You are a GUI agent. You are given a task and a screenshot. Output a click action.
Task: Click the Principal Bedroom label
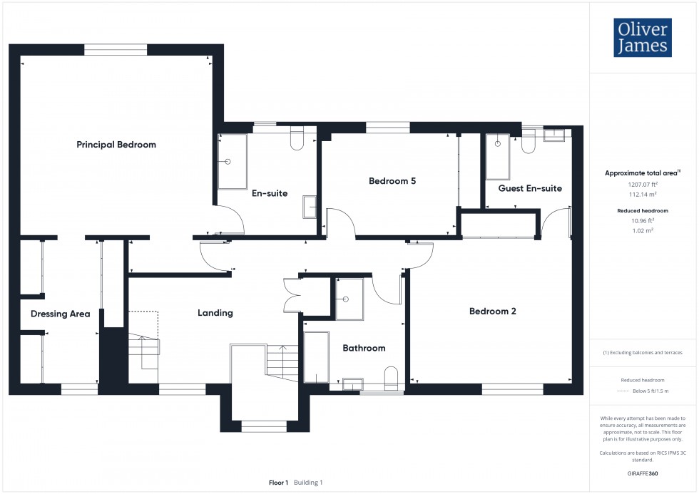116,144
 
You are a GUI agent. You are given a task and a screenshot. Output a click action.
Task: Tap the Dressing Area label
60,314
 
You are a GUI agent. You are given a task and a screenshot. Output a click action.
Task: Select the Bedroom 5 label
392,181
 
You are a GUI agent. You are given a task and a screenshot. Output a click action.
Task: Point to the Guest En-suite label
530,188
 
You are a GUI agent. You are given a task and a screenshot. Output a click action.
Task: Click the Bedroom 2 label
493,312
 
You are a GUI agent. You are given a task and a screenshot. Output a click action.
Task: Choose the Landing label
215,313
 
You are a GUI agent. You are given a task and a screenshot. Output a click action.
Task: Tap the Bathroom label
364,349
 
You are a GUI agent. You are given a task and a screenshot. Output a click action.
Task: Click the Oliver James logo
643,37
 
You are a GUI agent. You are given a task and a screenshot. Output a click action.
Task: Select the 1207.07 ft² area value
643,185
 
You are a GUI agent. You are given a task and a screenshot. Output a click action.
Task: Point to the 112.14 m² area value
643,194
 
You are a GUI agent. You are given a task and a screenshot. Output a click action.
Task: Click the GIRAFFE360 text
643,473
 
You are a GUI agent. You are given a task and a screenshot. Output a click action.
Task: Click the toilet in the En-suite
297,138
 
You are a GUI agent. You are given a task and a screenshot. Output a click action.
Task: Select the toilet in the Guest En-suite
529,142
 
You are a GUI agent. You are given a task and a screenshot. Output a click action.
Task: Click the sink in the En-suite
310,207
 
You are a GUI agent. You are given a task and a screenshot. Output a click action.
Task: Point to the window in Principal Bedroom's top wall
116,49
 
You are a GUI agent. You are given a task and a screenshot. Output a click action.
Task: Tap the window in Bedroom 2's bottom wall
513,389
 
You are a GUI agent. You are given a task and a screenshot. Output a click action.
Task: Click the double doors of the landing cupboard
292,295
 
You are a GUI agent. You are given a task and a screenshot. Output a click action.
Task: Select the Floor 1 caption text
279,483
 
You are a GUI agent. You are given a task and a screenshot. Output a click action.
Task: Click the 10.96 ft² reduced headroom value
643,220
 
